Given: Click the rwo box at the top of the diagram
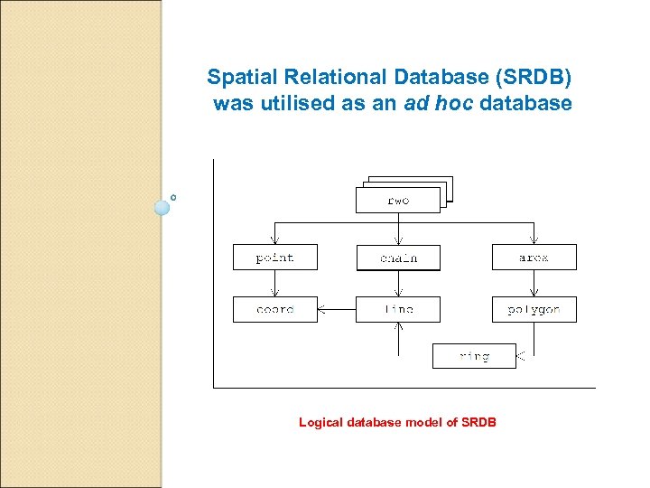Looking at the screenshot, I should coord(398,200).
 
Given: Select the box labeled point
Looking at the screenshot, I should coord(275,258).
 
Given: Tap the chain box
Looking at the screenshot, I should coord(398,258).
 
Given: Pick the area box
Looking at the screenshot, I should coord(534,258).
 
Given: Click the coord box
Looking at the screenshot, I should coord(275,309).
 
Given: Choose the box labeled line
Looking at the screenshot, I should coord(398,309).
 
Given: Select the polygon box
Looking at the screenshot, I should coord(534,309).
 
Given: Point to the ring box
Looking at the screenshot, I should coord(474,356).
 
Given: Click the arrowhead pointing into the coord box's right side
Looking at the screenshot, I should coord(323,309).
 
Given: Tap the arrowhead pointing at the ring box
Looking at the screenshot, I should coord(521,357).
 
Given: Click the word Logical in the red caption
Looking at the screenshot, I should coord(321,422).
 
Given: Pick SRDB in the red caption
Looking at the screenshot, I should coord(478,422).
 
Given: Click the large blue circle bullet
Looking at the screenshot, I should coord(162,207).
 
